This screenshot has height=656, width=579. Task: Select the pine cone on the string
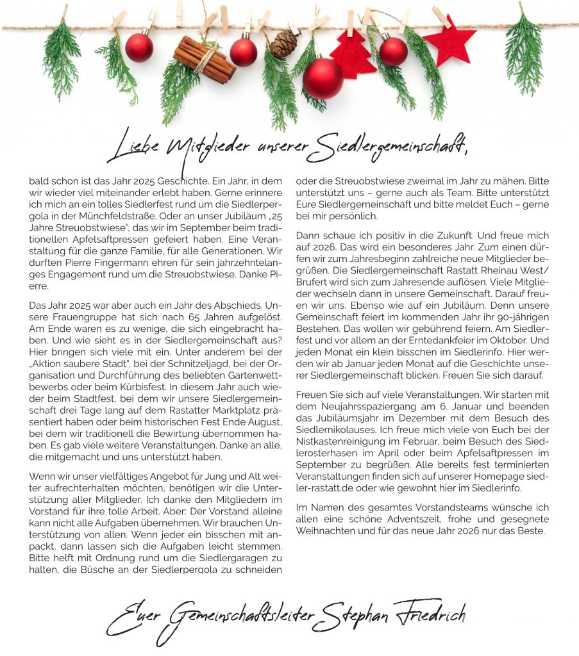(283, 43)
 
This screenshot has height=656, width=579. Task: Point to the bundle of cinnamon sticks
(204, 59)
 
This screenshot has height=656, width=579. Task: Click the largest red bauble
(323, 78)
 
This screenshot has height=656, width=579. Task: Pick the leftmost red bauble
(139, 47)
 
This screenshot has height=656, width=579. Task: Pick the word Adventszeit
(408, 519)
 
